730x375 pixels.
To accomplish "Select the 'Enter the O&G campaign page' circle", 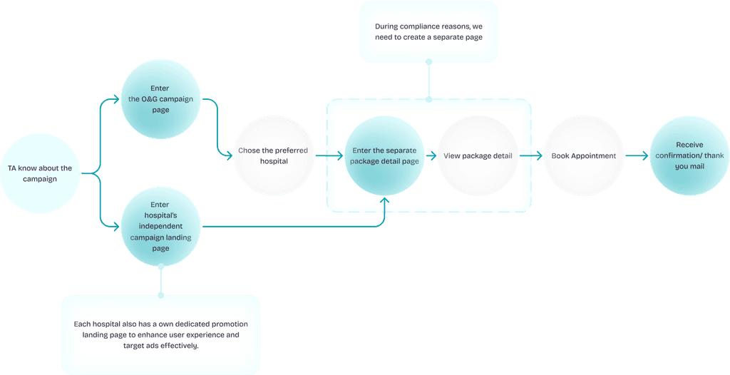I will point(160,100).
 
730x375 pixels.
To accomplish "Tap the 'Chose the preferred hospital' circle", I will point(274,155).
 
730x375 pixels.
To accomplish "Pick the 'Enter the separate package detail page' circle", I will point(385,155).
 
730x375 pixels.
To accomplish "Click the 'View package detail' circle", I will point(478,155).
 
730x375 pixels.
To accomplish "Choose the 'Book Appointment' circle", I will point(583,155).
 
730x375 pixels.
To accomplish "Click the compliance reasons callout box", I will point(428,31).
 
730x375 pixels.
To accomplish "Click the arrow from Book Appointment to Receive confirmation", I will point(636,155).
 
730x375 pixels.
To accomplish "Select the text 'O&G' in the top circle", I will point(152,100).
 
